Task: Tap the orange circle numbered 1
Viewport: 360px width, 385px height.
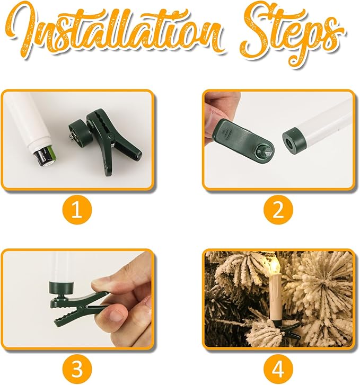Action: coord(77,210)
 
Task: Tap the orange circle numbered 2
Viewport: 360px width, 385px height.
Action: coord(278,210)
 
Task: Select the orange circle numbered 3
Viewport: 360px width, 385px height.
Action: coord(77,369)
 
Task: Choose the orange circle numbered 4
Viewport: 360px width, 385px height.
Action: coord(278,369)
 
